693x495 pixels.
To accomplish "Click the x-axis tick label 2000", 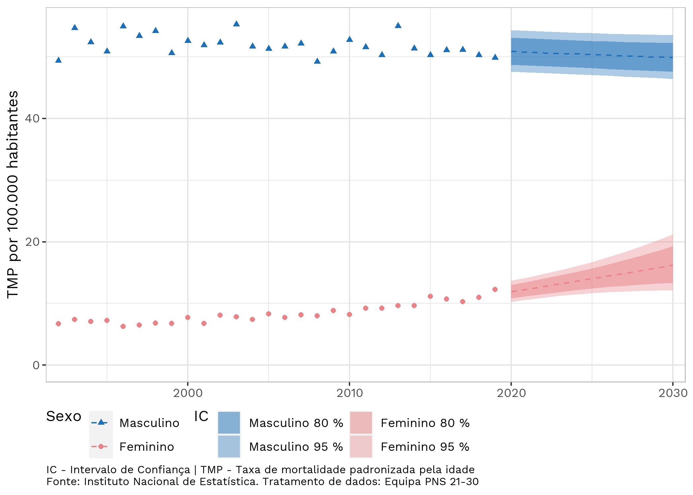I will coord(188,393).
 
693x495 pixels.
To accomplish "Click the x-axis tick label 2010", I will coord(349,393).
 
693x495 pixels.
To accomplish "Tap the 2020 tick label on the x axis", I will coord(511,393).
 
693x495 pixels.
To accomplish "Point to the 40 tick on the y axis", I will coord(32,118).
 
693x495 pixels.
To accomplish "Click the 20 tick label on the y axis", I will coord(32,242).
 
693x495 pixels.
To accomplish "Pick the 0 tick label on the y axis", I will coord(36,365).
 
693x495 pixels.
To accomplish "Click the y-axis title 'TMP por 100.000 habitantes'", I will coord(13,195).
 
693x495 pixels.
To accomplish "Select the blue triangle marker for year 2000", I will coord(188,40).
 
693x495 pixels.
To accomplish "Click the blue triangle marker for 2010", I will coord(349,39).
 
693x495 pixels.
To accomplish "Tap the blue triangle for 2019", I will coord(495,57).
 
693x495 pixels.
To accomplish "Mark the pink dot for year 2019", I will coord(495,289).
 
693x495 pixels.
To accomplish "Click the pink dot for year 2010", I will coord(349,314).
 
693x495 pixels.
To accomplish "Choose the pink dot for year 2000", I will coord(188,317).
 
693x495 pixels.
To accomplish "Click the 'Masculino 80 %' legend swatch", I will coord(229,423).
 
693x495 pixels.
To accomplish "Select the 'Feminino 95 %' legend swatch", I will coord(361,446).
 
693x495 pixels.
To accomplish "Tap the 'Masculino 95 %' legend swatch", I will coord(229,446).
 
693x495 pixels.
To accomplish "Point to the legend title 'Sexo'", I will coord(64,416).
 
